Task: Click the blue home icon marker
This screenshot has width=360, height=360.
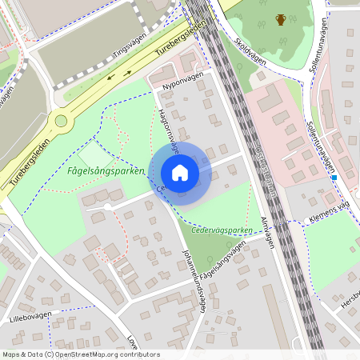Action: coord(180,173)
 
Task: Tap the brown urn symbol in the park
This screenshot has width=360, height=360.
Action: coord(281,19)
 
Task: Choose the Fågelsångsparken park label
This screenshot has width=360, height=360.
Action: coord(106,170)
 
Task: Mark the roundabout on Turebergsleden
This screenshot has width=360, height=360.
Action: coord(60,121)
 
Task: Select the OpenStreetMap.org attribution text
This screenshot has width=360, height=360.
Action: coord(80,354)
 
